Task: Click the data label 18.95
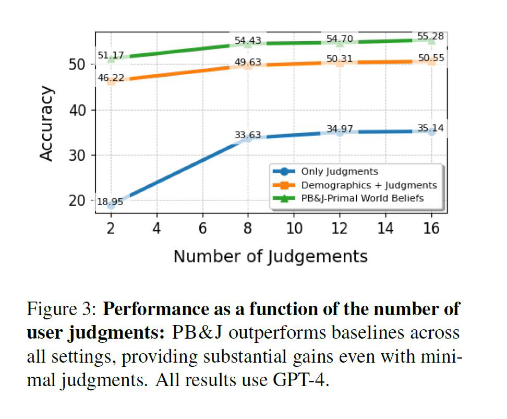[x=110, y=202]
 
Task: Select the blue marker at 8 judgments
[x=248, y=138]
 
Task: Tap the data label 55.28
[x=431, y=37]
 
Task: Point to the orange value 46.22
[x=111, y=77]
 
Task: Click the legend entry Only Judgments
[x=339, y=171]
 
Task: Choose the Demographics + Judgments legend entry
[x=369, y=185]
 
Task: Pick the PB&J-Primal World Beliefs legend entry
[x=363, y=198]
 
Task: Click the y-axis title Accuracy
[x=47, y=124]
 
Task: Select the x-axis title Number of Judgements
[x=270, y=256]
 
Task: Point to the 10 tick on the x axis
[x=294, y=228]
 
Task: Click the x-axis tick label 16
[x=431, y=228]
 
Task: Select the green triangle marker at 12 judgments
[x=340, y=43]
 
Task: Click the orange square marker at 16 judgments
[x=431, y=61]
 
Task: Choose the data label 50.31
[x=340, y=58]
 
